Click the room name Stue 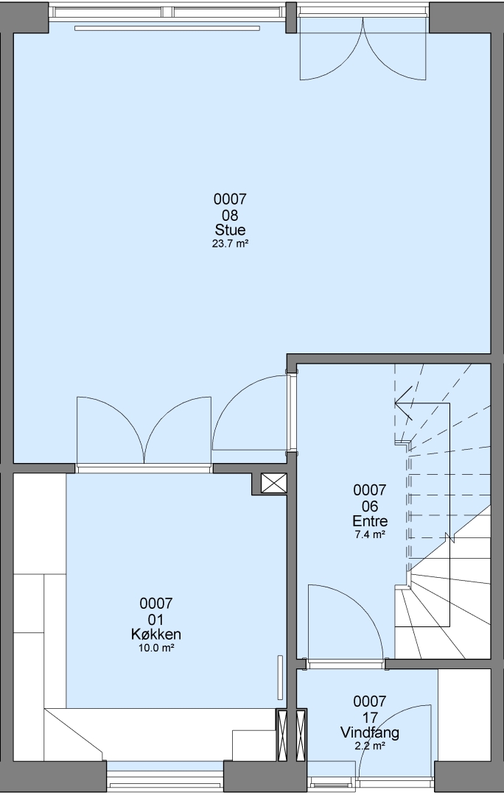tap(230, 230)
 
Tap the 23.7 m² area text tap(230, 244)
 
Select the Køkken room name tap(156, 635)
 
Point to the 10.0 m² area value tap(156, 648)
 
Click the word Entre tap(370, 520)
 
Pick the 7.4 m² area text tap(370, 534)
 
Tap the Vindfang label tap(370, 732)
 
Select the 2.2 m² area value tap(370, 746)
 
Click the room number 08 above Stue tap(230, 214)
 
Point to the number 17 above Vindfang tap(370, 717)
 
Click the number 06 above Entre tap(370, 506)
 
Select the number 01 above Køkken tap(156, 619)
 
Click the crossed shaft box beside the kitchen tap(273, 484)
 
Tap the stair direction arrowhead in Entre tap(404, 403)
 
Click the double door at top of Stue tap(363, 48)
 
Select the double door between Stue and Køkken tap(144, 430)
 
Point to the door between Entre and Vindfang tap(346, 623)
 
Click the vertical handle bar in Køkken tap(279, 677)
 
